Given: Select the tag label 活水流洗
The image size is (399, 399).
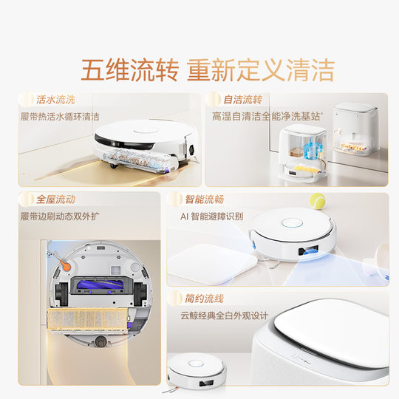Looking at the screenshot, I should pos(55,99).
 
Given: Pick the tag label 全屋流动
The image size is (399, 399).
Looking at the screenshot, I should pos(55,199).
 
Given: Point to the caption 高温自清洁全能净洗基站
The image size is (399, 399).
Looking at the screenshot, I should pos(266,117).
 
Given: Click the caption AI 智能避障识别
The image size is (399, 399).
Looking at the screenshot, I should pos(213,217).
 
